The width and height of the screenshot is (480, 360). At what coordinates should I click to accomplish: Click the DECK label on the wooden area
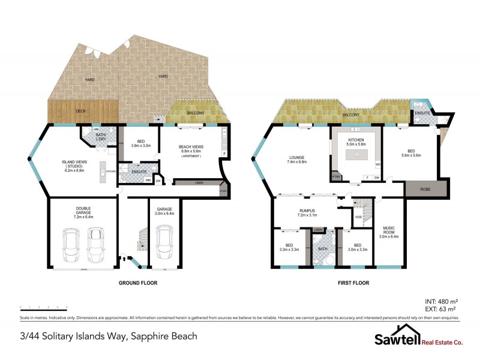coord(81,110)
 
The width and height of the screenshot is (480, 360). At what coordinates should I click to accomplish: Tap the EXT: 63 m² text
coord(441,310)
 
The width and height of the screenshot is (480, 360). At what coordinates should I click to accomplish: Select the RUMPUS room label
coord(307,211)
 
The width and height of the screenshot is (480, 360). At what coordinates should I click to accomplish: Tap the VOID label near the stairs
coord(358,217)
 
